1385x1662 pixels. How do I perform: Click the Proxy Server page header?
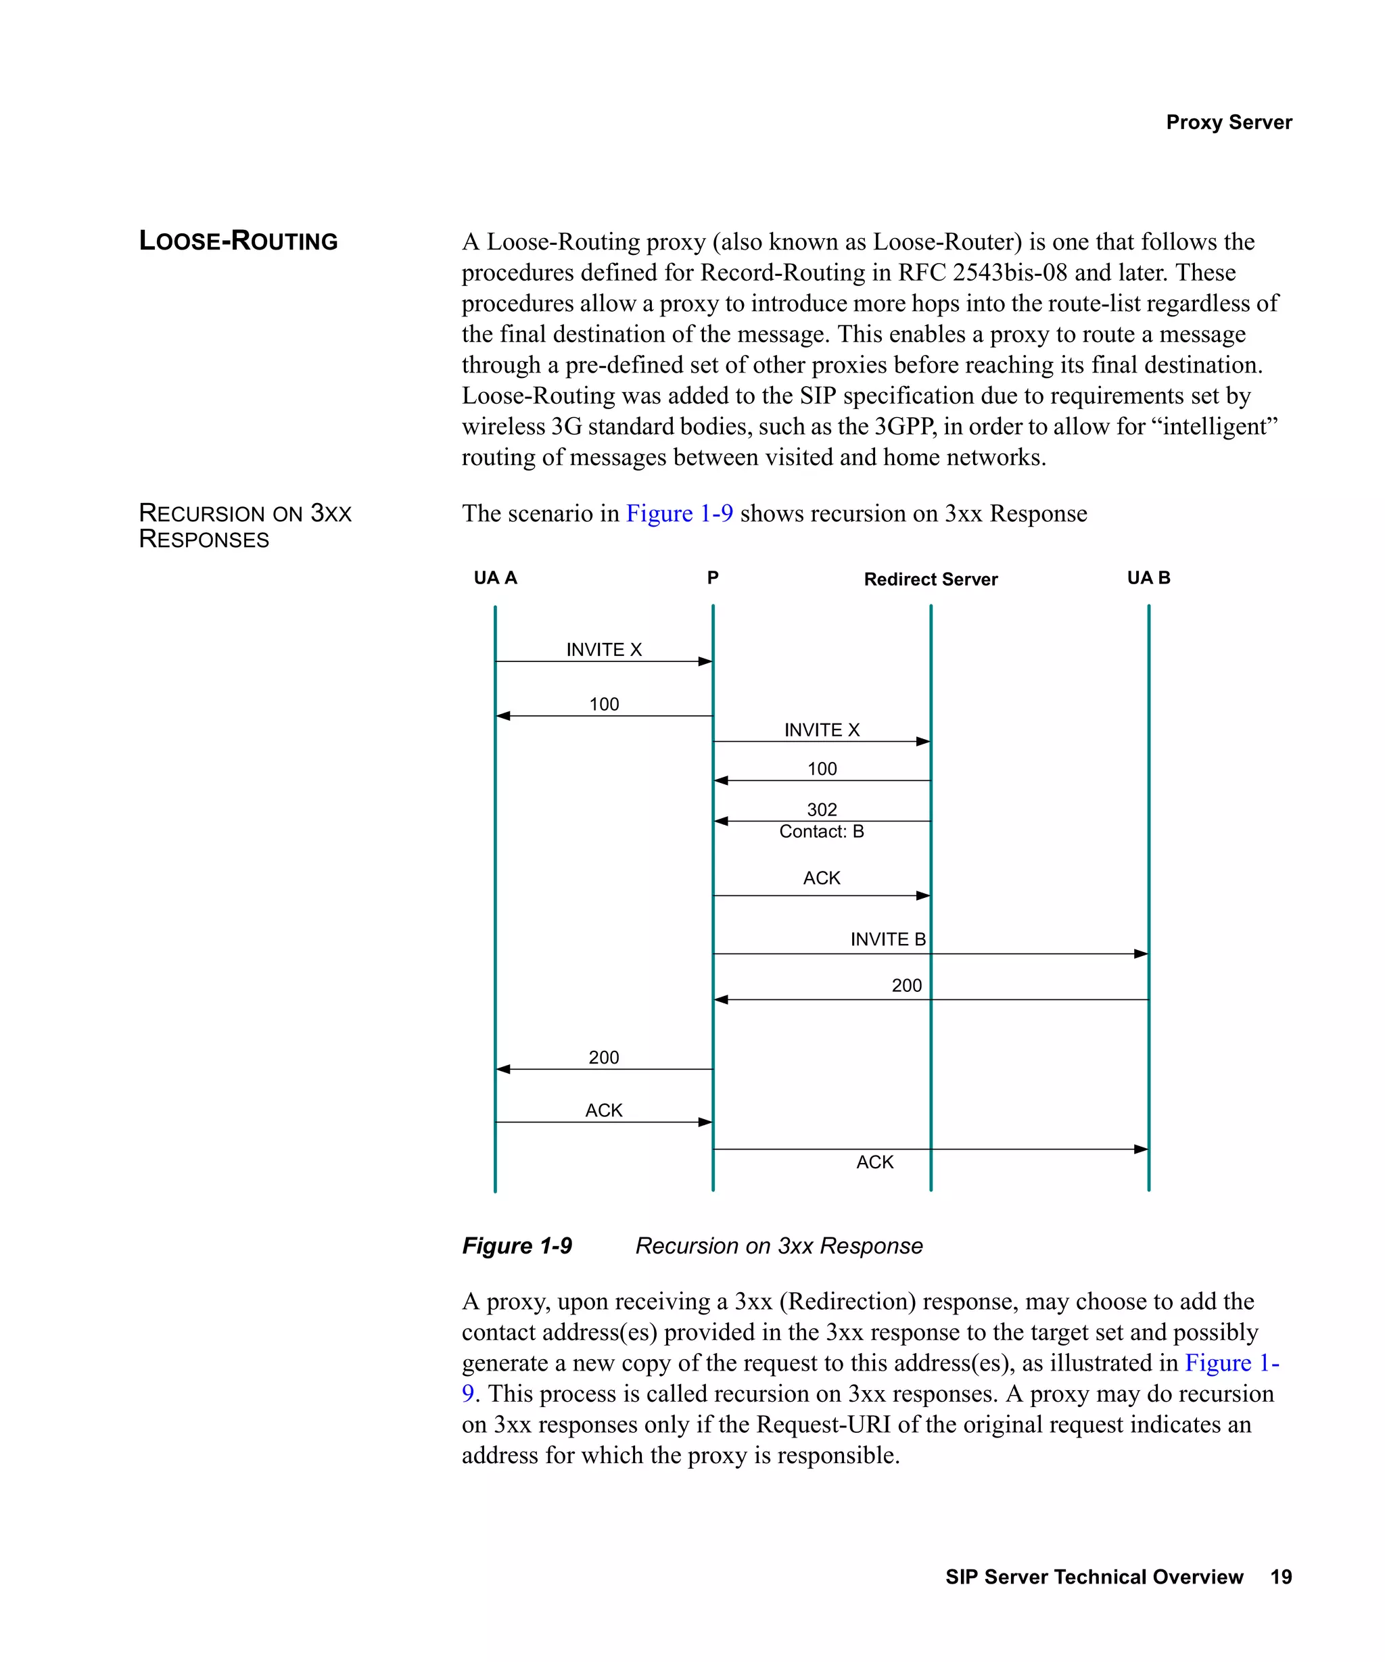click(1228, 122)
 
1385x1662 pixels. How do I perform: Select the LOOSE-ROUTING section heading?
click(238, 241)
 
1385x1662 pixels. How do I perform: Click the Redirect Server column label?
click(930, 579)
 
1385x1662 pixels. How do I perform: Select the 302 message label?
click(822, 809)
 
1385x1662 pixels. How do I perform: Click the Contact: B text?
click(822, 831)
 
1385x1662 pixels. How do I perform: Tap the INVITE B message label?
click(887, 939)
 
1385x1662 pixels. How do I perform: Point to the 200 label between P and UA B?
click(906, 985)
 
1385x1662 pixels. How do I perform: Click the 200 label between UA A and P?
click(604, 1058)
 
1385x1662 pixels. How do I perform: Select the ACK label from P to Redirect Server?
click(822, 878)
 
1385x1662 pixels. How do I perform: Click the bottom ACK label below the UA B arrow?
click(874, 1162)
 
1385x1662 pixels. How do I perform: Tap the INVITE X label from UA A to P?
click(604, 649)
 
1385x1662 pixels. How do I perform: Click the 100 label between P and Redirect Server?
click(822, 769)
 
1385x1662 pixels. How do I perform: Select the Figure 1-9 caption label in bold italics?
click(517, 1245)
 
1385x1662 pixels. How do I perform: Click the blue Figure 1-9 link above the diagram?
click(679, 514)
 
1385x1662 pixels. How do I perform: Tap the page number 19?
click(1281, 1577)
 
